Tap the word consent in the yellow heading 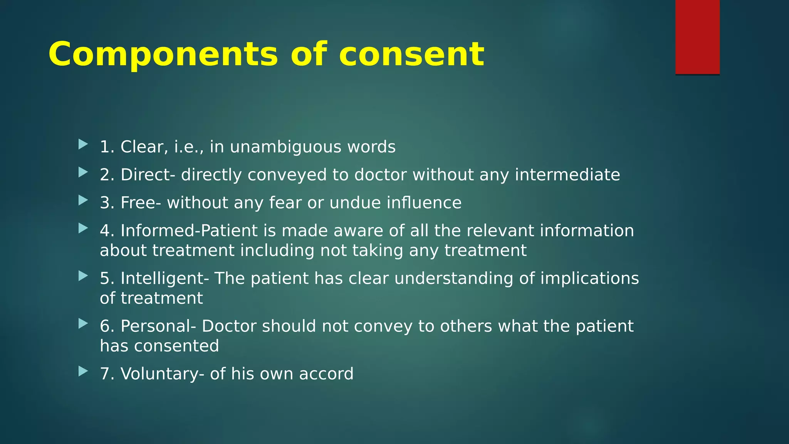point(411,55)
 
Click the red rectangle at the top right point(697,37)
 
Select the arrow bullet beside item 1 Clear point(83,145)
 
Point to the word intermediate point(567,175)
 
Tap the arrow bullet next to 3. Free point(83,200)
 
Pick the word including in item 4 point(277,251)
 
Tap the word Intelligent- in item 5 point(165,278)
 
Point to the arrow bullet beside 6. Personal point(83,324)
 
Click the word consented point(176,346)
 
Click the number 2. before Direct point(107,175)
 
